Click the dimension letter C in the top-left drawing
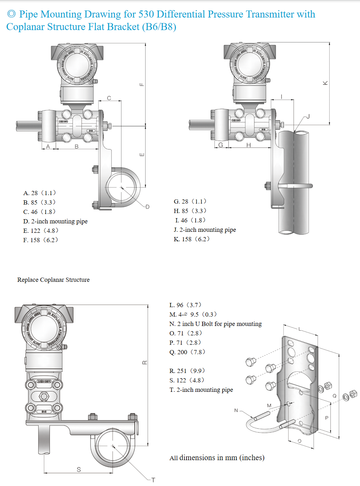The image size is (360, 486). click(x=109, y=98)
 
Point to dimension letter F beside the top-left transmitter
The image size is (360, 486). click(x=142, y=84)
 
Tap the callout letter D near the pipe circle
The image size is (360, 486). click(x=147, y=207)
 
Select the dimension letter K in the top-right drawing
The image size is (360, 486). click(x=325, y=83)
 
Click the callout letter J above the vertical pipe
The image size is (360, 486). click(x=308, y=117)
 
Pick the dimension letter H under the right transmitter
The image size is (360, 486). click(x=248, y=145)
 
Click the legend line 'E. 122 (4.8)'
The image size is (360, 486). click(x=41, y=231)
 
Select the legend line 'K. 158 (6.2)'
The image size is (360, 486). click(x=191, y=239)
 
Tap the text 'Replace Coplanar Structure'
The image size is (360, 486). click(x=54, y=280)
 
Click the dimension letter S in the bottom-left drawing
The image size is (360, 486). click(x=79, y=470)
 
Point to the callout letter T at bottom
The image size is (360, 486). click(x=153, y=480)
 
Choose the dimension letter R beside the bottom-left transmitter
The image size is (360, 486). click(x=144, y=362)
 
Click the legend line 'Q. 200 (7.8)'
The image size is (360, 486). click(x=187, y=352)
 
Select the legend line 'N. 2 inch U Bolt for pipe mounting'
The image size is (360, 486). click(x=216, y=324)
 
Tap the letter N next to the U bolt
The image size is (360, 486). click(x=236, y=410)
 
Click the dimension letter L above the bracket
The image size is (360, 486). click(x=299, y=329)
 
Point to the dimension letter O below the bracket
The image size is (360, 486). click(x=299, y=441)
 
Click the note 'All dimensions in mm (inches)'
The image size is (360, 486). click(x=217, y=458)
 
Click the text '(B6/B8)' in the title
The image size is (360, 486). click(x=159, y=27)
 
